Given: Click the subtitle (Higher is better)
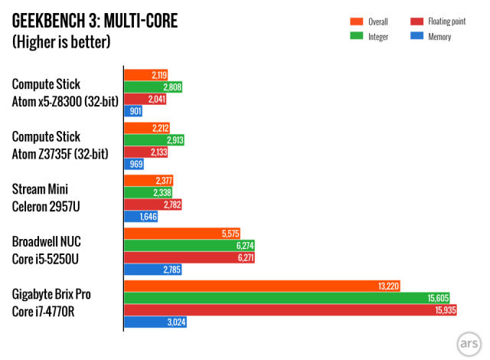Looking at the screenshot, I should (61, 41).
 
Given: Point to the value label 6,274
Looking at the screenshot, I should (244, 245).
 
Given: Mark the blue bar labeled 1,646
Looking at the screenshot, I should (142, 218).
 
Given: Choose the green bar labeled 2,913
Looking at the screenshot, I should (154, 140).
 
